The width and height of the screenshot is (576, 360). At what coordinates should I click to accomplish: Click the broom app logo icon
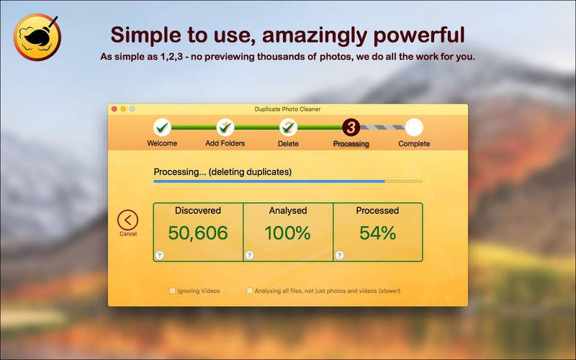(x=37, y=37)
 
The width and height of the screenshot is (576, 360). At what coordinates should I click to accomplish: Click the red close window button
(x=114, y=109)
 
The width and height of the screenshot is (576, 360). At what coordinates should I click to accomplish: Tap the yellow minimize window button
(x=123, y=109)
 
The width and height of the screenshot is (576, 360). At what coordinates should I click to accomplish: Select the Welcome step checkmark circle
(x=162, y=127)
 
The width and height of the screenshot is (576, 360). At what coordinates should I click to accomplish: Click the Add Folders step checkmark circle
(x=225, y=127)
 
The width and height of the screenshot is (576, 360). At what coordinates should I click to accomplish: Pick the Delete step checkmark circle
(x=289, y=127)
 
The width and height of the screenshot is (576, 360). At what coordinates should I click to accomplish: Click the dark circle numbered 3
(x=351, y=127)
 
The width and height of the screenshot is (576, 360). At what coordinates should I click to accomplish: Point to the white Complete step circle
(x=414, y=127)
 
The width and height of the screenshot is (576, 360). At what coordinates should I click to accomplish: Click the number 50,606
(x=198, y=233)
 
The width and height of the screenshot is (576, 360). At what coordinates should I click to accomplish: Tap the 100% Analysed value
(x=287, y=233)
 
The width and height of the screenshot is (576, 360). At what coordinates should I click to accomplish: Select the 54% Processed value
(x=377, y=233)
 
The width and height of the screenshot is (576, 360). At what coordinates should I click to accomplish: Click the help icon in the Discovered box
(x=159, y=255)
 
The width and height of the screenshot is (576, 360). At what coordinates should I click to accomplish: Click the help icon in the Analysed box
(x=249, y=255)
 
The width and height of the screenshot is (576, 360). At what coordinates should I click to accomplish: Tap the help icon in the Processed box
(x=339, y=255)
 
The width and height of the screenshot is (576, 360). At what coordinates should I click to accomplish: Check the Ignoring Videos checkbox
(x=172, y=291)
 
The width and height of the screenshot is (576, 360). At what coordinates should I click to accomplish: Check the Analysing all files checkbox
(x=250, y=291)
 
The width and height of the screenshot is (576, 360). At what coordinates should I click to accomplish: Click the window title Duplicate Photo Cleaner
(x=287, y=109)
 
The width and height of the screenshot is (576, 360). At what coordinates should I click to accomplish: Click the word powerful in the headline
(x=419, y=35)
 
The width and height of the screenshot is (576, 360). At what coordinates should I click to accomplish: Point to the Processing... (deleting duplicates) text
(x=222, y=172)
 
